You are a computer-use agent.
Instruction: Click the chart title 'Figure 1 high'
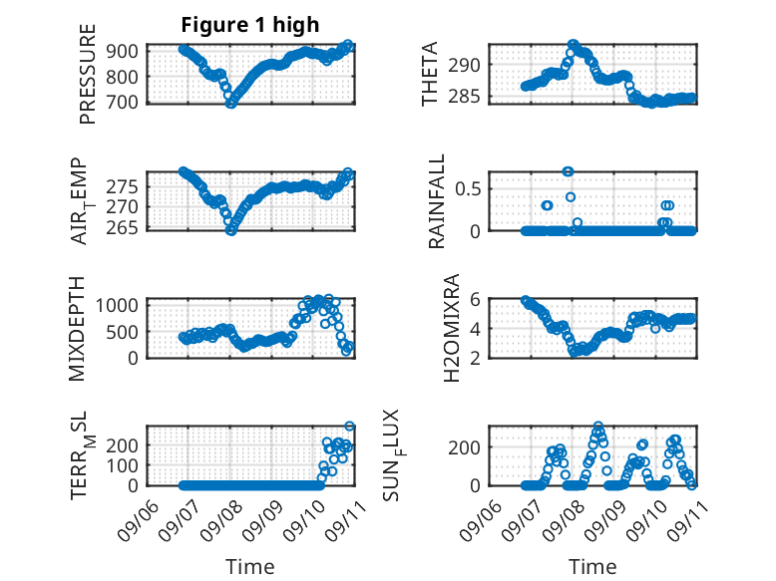point(250,25)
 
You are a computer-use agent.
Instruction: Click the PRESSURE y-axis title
point(87,74)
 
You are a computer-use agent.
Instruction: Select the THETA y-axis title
point(430,74)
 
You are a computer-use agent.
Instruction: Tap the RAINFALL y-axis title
point(437,201)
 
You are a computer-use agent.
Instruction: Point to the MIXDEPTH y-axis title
point(77,329)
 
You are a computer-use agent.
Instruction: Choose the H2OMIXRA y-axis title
point(452,328)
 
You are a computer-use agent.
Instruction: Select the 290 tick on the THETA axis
point(464,65)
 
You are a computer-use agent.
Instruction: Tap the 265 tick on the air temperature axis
point(122,227)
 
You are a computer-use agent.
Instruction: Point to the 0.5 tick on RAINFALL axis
point(468,189)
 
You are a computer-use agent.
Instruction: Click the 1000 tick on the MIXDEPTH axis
point(117,305)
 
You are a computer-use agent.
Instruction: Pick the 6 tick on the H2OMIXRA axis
point(475,299)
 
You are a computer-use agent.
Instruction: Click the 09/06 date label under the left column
point(138,521)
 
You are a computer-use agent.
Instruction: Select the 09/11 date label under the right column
point(687,521)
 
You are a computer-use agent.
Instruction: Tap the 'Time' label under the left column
point(250,567)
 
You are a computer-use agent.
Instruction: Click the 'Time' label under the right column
point(592,567)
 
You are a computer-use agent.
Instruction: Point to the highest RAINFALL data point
point(568,171)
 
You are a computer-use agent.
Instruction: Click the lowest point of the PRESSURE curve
point(230,104)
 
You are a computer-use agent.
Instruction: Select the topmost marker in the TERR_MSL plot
point(349,426)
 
